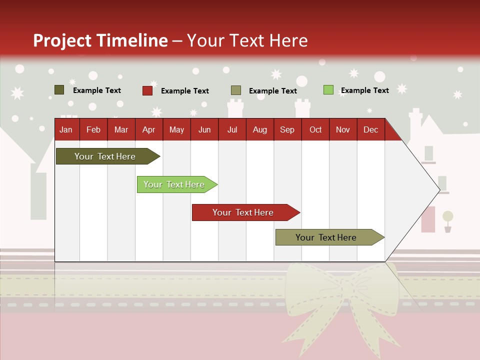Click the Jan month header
(x=66, y=129)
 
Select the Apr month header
(x=148, y=129)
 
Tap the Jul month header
(x=232, y=129)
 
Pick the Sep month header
(x=287, y=129)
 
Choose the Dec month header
(x=370, y=129)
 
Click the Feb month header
(x=93, y=129)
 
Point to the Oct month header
(x=315, y=129)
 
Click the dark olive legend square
(x=59, y=90)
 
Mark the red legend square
(x=147, y=90)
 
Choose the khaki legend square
(x=236, y=90)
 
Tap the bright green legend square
(x=328, y=90)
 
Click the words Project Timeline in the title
(x=100, y=40)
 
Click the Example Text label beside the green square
(x=364, y=90)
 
